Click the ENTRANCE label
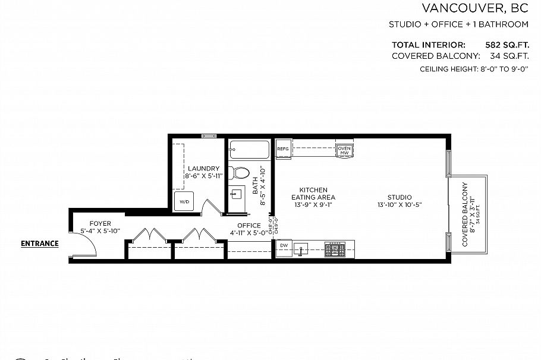coord(40,243)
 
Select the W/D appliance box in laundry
coord(184,201)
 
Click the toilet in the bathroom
coord(241,173)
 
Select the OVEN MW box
coord(344,150)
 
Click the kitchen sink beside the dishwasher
coord(302,248)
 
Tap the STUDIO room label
coord(399,201)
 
